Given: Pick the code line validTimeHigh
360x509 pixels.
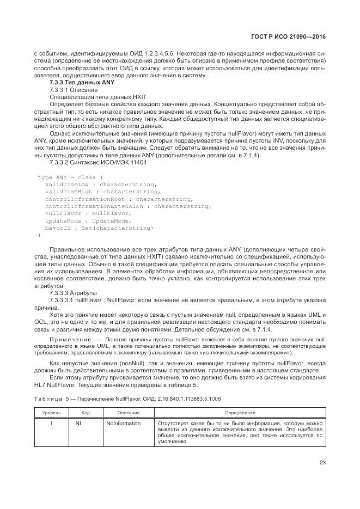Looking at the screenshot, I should (102, 192).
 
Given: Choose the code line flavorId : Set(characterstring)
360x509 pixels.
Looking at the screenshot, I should (99, 228).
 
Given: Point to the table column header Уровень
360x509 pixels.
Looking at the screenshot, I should (52, 413).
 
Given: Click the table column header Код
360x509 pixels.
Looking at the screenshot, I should (86, 413).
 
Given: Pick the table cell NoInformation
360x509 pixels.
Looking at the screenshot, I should (124, 423).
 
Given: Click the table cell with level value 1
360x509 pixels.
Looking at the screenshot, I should (51, 423).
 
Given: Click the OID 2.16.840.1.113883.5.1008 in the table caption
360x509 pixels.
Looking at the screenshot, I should (189, 399).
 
